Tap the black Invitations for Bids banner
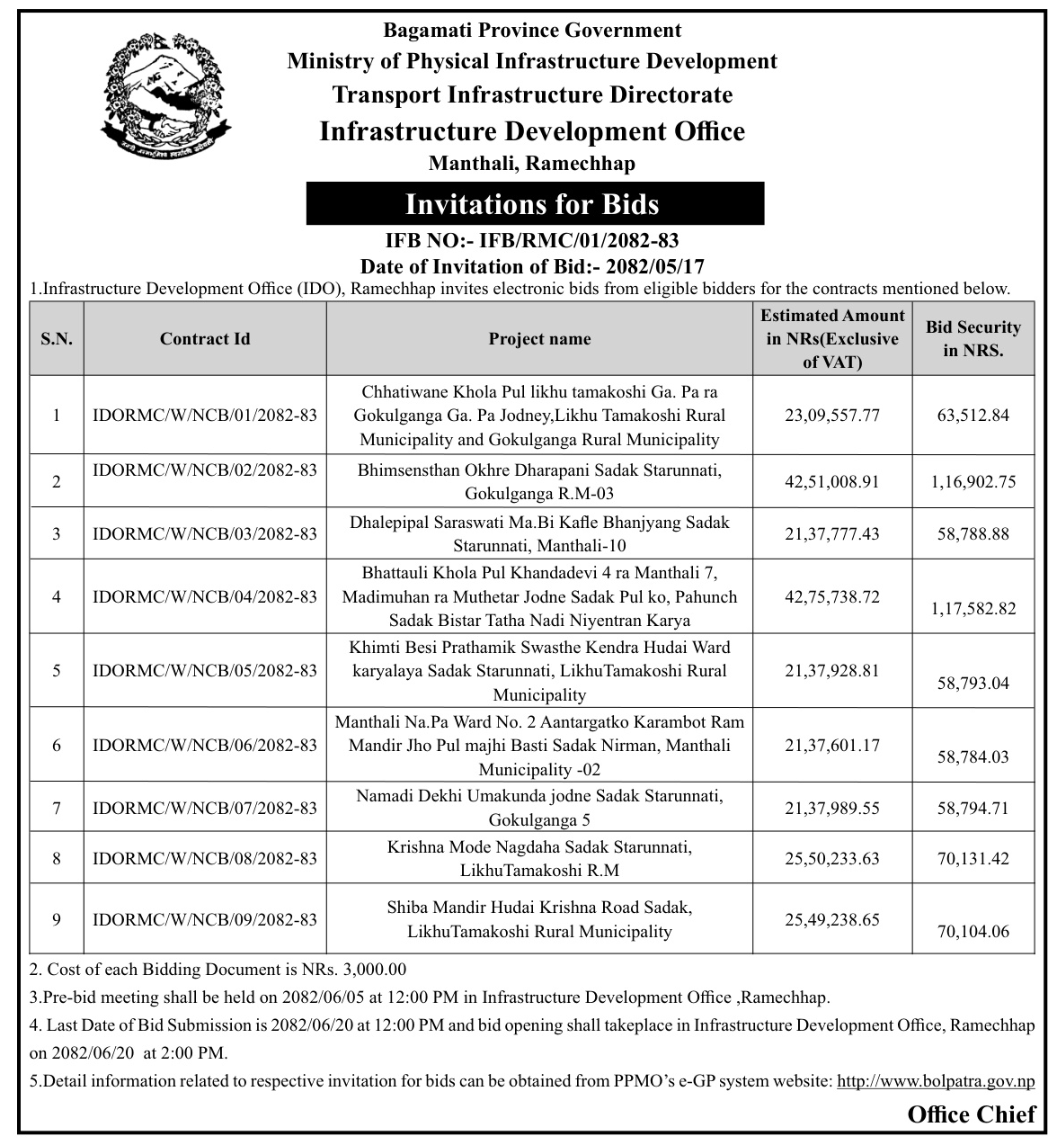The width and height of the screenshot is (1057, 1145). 534,204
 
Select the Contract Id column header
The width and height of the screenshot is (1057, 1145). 205,338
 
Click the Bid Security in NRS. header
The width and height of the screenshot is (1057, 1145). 973,338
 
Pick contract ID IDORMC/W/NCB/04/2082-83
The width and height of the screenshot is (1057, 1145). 205,596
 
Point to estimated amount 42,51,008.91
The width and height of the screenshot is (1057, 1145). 831,481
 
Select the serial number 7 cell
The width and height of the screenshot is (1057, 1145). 57,808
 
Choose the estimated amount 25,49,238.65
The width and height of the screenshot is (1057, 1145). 831,920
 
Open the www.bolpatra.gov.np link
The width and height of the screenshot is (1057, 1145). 936,1081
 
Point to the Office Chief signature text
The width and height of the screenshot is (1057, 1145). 971,1115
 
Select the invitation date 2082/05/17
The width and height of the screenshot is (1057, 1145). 655,266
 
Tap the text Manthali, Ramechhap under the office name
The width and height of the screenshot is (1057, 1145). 532,164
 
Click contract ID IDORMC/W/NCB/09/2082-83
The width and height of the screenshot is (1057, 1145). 205,919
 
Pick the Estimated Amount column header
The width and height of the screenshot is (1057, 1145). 832,338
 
